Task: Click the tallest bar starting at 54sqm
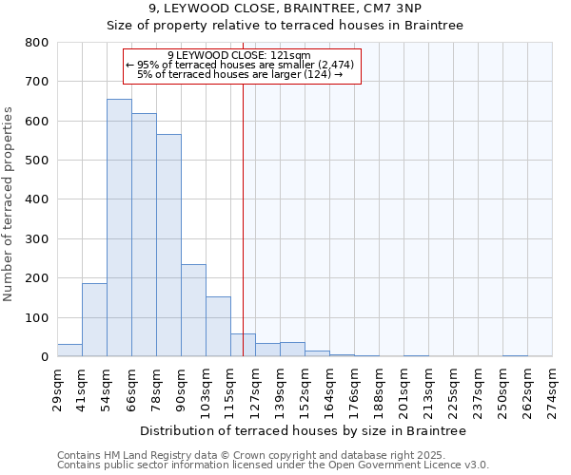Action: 119,228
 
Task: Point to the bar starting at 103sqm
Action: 218,327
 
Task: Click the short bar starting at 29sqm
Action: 69,351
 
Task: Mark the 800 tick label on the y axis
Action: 37,43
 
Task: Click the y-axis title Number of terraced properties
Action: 10,203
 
